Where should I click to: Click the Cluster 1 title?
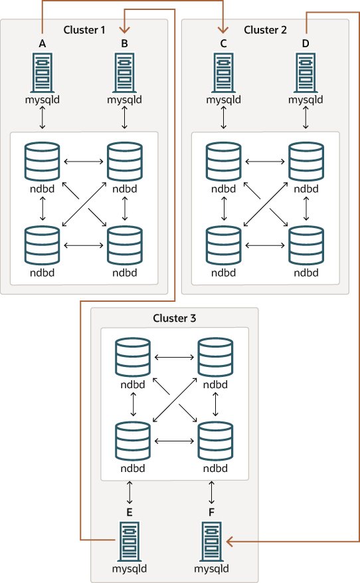tap(84, 29)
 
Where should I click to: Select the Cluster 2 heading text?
tap(265, 29)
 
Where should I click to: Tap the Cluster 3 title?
tap(175, 318)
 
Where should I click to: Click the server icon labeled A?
tap(43, 72)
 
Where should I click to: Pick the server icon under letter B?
tap(125, 72)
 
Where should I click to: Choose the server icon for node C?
tap(223, 72)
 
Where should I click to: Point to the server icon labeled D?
tap(306, 72)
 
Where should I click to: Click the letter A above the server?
tap(43, 44)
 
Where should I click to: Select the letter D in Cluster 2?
tap(306, 44)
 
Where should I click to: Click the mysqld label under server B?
tap(125, 100)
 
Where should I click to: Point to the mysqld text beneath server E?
tap(130, 569)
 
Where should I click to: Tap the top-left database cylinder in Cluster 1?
tap(43, 161)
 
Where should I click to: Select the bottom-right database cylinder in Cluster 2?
tap(306, 246)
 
